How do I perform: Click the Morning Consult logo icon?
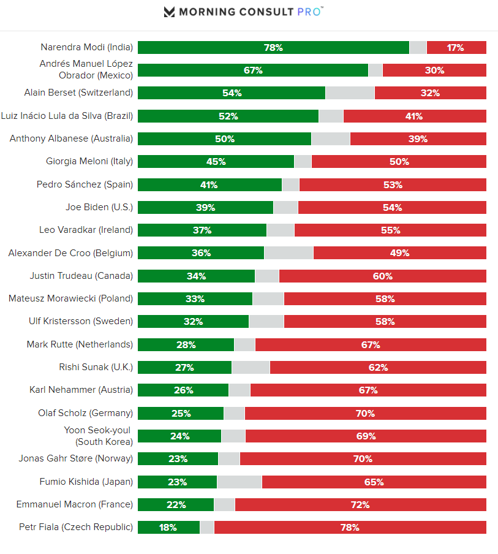[x=169, y=12]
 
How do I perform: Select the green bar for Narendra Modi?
[x=273, y=47]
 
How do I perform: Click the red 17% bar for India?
[x=456, y=47]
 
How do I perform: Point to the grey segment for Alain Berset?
[x=350, y=93]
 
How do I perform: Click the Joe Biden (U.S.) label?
[x=99, y=207]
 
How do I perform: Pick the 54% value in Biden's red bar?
[x=392, y=208]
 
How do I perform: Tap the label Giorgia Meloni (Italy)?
[x=89, y=162]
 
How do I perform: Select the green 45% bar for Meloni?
[x=216, y=162]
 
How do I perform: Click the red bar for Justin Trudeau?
[x=382, y=276]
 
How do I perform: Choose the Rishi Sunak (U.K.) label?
[x=96, y=367]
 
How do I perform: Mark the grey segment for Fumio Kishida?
[x=240, y=482]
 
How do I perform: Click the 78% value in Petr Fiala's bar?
[x=350, y=527]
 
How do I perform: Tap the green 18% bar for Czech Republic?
[x=168, y=527]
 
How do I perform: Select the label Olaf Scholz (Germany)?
[x=85, y=413]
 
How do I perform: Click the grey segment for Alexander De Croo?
[x=289, y=253]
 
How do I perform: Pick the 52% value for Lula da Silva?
[x=228, y=116]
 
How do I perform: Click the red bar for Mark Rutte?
[x=371, y=344]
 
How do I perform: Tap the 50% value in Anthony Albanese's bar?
[x=225, y=139]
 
